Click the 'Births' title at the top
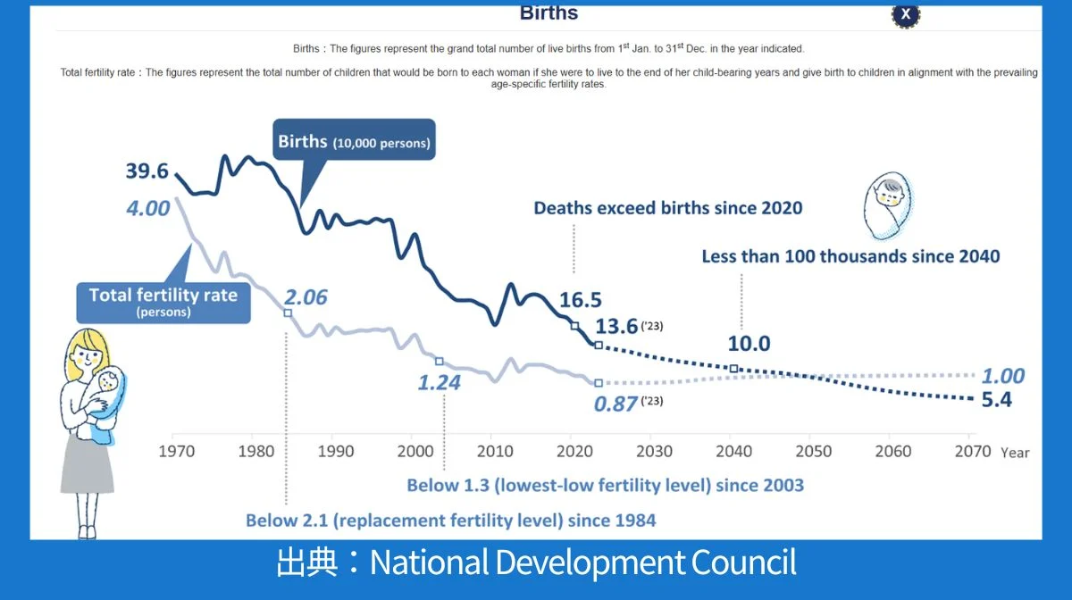(549, 13)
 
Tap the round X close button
(906, 14)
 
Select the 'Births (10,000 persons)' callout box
(354, 141)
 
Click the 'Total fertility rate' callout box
(163, 300)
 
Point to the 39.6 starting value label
(147, 171)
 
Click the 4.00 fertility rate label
(147, 209)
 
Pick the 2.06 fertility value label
(306, 298)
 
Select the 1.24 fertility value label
(440, 384)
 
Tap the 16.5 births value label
(581, 300)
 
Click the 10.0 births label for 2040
(750, 344)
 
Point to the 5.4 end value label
(996, 400)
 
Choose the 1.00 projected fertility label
(1002, 376)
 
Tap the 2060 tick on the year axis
(893, 452)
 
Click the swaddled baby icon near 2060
(890, 206)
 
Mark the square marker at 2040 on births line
(733, 369)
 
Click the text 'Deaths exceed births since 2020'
(668, 208)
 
